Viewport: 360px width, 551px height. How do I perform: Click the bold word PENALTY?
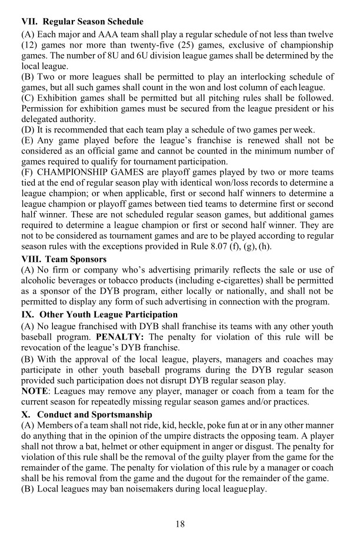pos(112,337)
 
